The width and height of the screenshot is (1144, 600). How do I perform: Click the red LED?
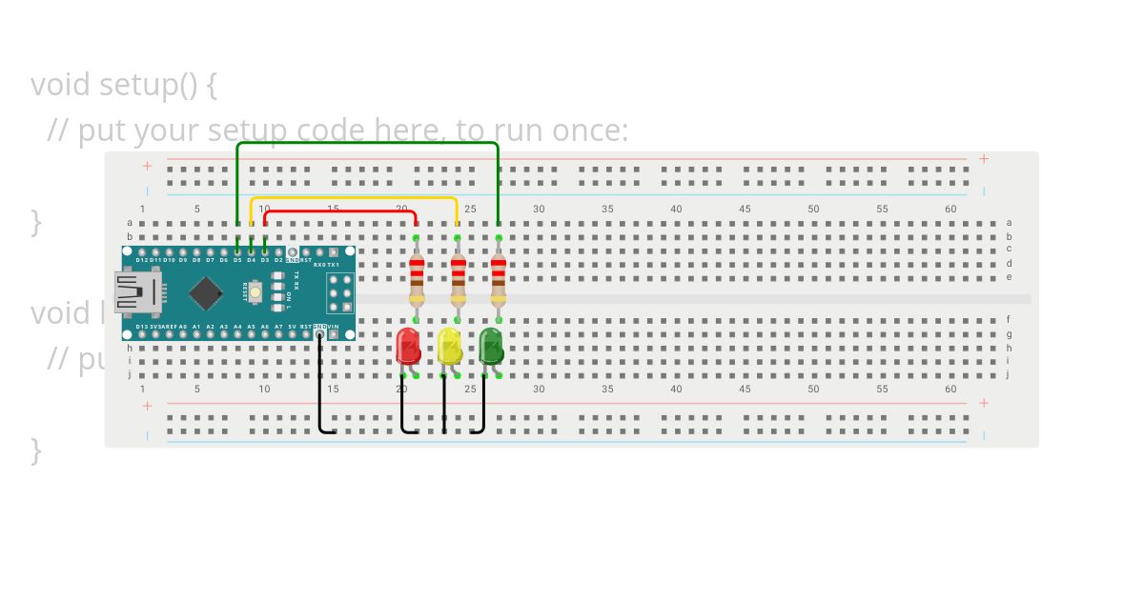point(408,346)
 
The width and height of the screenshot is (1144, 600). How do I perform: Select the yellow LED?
point(449,346)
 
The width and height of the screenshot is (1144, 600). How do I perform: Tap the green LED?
point(491,346)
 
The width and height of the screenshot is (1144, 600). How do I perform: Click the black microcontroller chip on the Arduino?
point(206,292)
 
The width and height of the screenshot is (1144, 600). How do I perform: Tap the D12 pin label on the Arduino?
point(142,260)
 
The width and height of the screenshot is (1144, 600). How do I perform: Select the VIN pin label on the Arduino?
point(333,327)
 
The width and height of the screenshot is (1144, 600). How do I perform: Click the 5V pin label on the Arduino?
point(293,327)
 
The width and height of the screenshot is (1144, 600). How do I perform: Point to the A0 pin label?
point(182,327)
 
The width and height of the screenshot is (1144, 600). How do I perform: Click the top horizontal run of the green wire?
point(367,143)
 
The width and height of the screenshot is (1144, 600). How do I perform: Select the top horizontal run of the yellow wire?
point(353,199)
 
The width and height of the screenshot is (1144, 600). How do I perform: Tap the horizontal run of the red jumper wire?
point(339,212)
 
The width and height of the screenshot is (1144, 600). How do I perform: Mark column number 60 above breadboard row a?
point(950,209)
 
